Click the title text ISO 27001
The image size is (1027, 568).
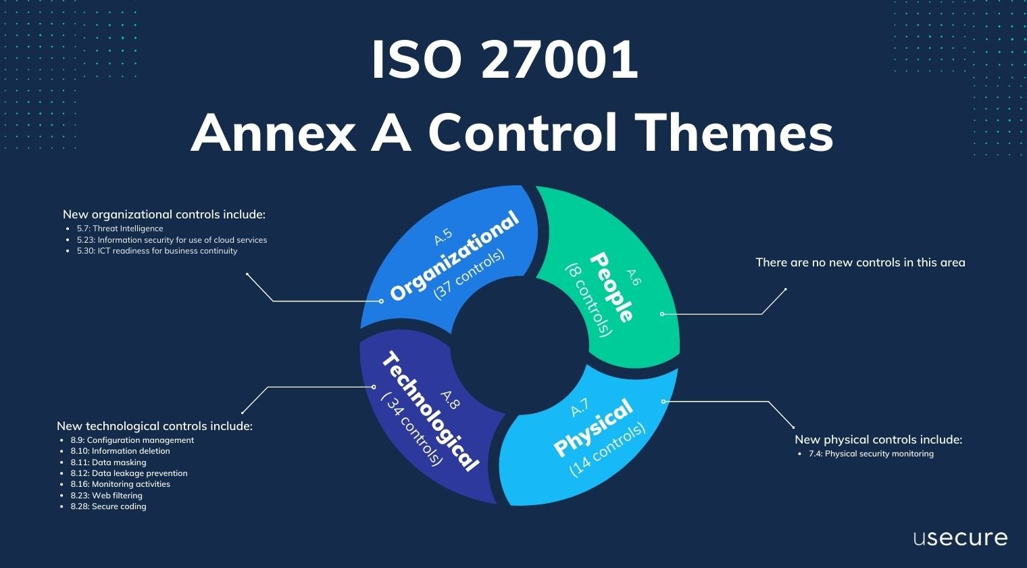click(x=505, y=60)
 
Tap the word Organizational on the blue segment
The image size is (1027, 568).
click(x=455, y=256)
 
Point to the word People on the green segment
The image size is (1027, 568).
click(x=611, y=287)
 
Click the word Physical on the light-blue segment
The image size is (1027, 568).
click(x=593, y=427)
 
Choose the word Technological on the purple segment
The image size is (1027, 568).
click(x=430, y=411)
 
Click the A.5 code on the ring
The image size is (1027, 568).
click(x=443, y=237)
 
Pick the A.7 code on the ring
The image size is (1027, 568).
click(x=580, y=408)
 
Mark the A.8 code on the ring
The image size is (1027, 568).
click(x=450, y=400)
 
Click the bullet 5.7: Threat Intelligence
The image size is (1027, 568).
click(x=120, y=229)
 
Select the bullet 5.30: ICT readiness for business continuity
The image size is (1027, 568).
click(x=157, y=251)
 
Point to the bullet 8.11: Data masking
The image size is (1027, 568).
click(x=108, y=463)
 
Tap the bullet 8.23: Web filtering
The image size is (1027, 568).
click(x=106, y=496)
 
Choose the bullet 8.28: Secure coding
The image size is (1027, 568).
click(x=108, y=506)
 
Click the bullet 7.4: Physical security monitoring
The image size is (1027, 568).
click(x=870, y=454)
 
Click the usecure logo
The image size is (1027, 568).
click(x=960, y=538)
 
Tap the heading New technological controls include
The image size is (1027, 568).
click(x=155, y=426)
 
